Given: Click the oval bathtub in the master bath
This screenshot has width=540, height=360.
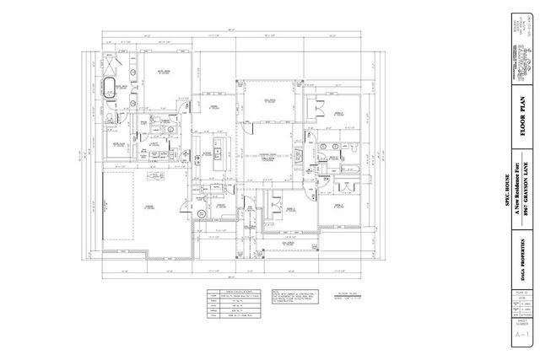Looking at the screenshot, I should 109,86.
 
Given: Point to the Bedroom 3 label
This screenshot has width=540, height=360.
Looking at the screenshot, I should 337,205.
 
